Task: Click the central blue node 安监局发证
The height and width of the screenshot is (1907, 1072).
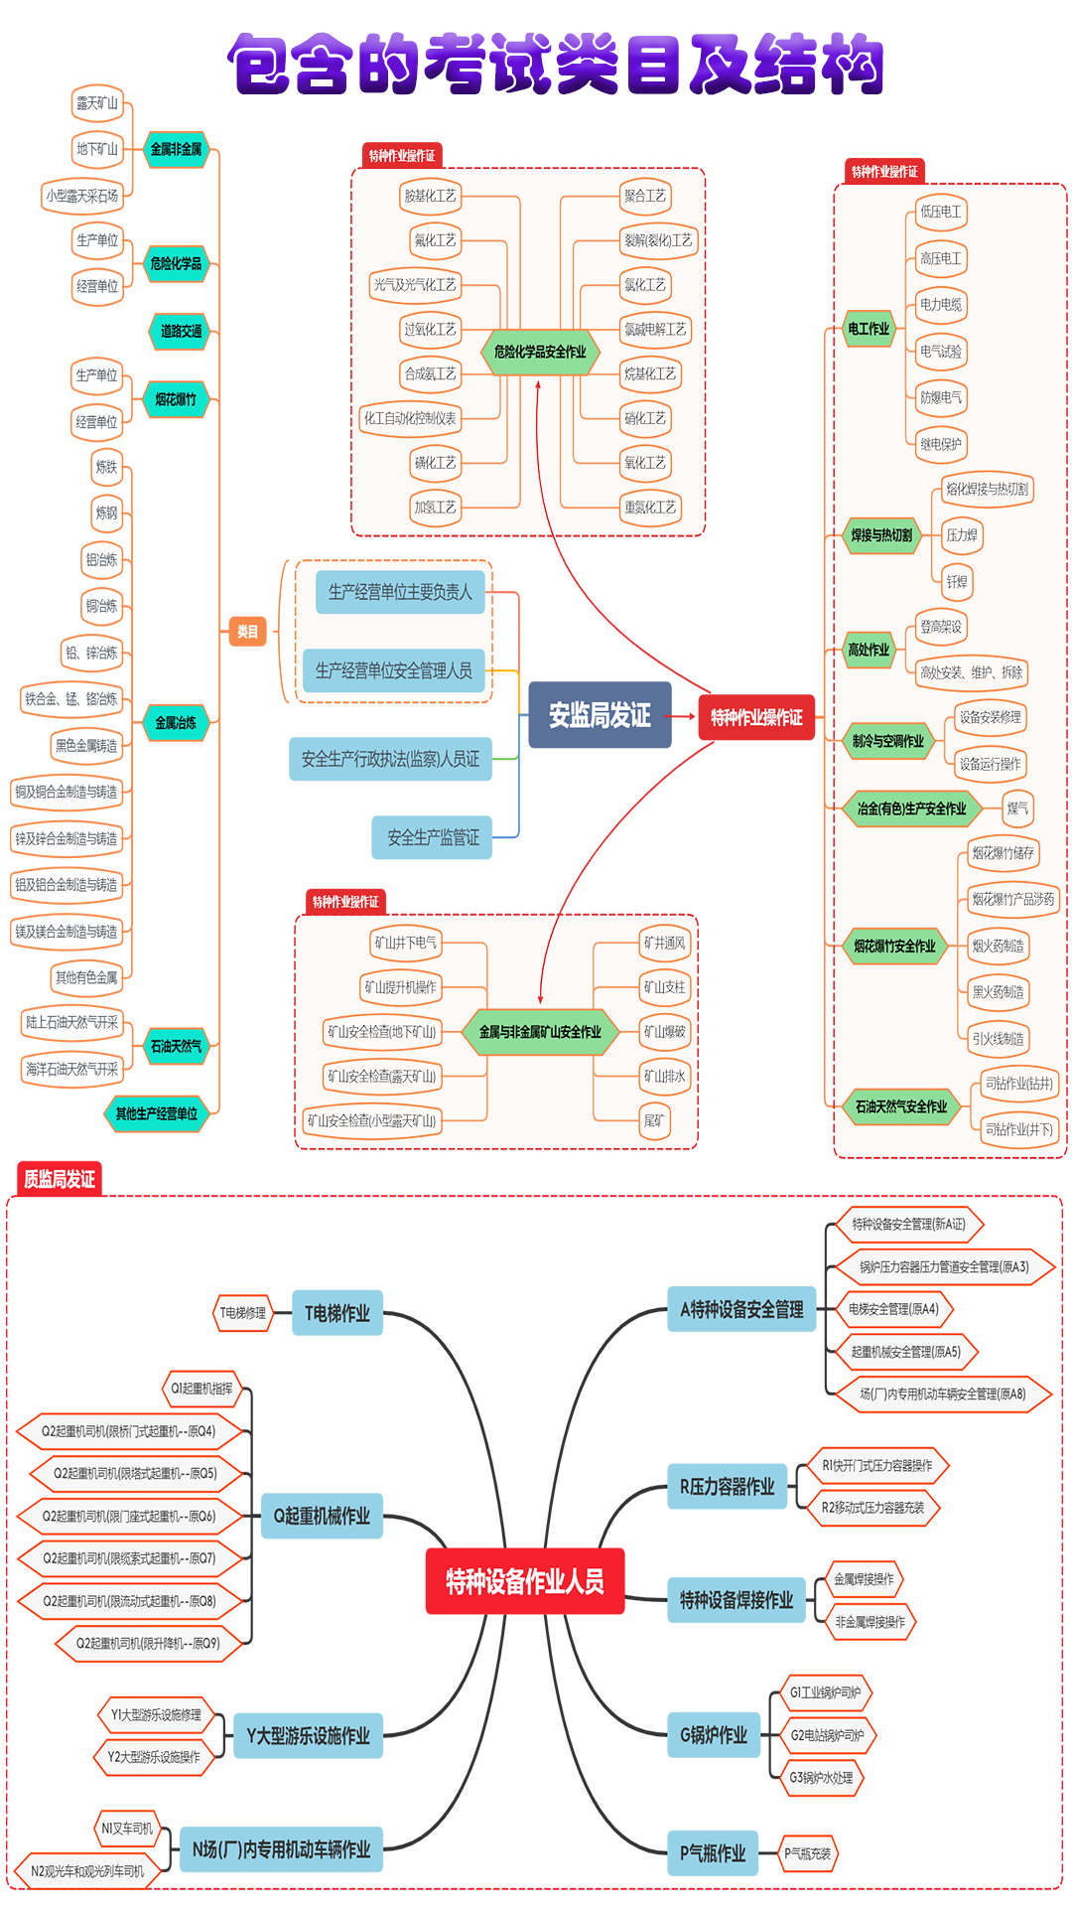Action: point(600,715)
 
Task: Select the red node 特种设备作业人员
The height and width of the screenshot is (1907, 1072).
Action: point(525,1581)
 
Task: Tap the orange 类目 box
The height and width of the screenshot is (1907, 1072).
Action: point(247,632)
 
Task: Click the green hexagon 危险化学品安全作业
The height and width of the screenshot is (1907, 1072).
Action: point(540,352)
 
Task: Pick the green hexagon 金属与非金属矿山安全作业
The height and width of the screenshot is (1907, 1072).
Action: point(540,1032)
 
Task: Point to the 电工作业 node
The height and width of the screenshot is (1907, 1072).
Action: point(869,329)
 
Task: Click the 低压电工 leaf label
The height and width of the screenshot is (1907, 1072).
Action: point(940,212)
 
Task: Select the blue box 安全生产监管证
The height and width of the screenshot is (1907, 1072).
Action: point(433,837)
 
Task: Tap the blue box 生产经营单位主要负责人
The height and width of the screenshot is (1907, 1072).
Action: point(400,592)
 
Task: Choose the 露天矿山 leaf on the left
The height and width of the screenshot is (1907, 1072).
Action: point(97,103)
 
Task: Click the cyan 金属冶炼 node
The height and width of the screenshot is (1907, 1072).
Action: point(176,722)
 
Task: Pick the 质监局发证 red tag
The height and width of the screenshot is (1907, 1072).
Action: point(60,1179)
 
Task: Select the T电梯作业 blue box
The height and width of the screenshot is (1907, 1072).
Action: point(337,1313)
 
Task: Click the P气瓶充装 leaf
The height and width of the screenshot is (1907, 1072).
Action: point(808,1853)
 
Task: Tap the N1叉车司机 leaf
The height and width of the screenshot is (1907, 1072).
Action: point(127,1829)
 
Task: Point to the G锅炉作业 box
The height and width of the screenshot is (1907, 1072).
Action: point(714,1735)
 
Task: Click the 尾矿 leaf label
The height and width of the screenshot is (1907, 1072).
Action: point(654,1120)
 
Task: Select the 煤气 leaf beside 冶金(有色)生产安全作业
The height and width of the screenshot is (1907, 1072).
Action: point(1017,808)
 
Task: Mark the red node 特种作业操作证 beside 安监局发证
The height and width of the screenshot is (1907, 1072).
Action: point(756,717)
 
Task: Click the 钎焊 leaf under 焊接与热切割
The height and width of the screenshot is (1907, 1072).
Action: point(957,582)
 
